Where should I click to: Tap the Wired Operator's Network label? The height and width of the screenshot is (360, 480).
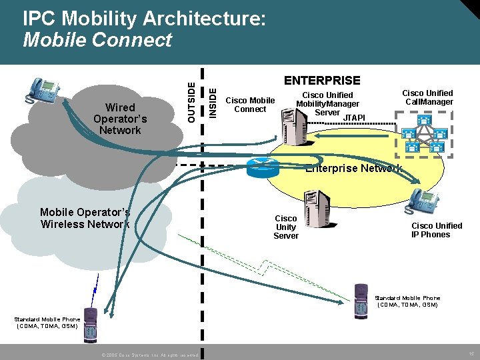(x=120, y=119)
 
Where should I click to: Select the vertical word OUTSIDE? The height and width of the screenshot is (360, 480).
(x=192, y=101)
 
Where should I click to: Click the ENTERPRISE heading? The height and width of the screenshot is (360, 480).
(x=322, y=81)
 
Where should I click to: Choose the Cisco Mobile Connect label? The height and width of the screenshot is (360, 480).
(x=251, y=105)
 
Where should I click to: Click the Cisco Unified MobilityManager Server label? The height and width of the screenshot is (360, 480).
(x=327, y=104)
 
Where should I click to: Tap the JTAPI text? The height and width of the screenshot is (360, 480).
(x=354, y=118)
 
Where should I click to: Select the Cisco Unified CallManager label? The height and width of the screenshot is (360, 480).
(x=429, y=97)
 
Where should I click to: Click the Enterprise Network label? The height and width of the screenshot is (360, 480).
(x=353, y=169)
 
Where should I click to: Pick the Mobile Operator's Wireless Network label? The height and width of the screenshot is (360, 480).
(x=85, y=218)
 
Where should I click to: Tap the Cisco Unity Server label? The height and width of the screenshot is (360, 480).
(x=286, y=227)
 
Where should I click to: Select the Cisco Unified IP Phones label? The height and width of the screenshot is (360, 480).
(x=436, y=230)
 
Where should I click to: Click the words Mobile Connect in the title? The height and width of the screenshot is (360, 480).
(x=97, y=41)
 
